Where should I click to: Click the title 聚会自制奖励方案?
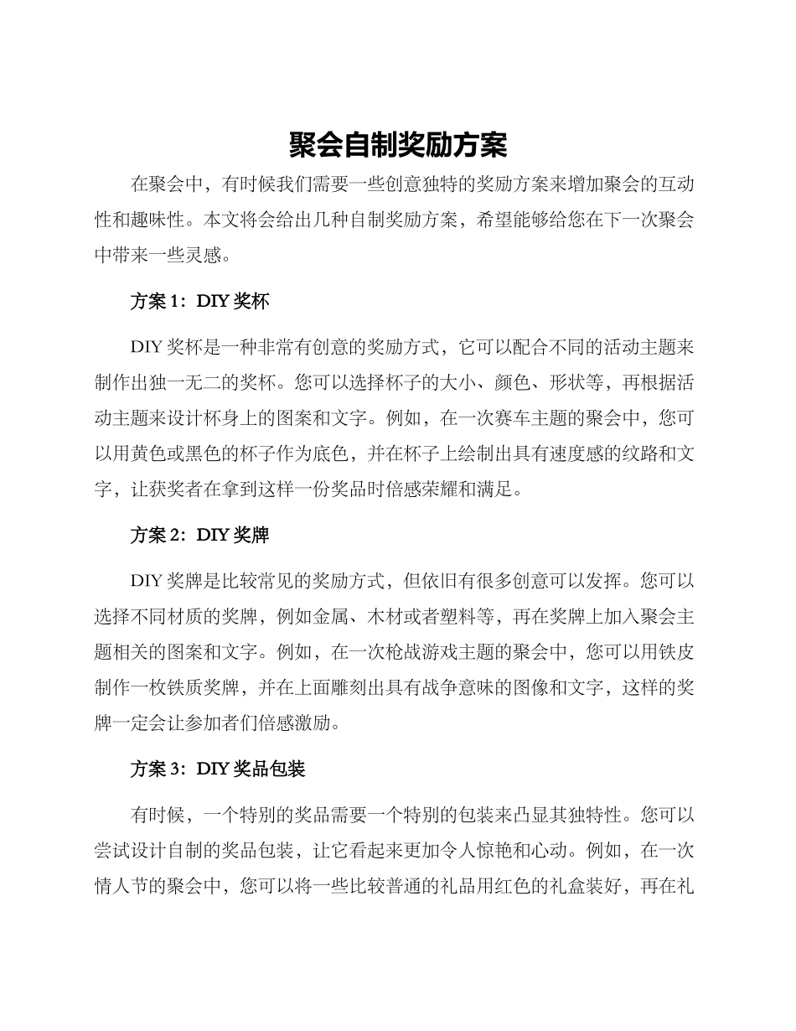tap(398, 145)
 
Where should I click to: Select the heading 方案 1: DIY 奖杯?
tap(199, 302)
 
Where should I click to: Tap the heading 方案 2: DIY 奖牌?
tap(199, 535)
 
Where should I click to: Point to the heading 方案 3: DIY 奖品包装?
tap(217, 769)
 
